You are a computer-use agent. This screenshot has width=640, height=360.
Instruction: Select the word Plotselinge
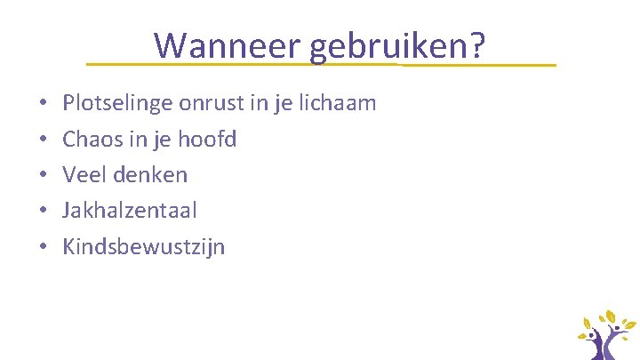[x=117, y=104]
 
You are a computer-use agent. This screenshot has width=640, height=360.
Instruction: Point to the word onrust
[x=210, y=103]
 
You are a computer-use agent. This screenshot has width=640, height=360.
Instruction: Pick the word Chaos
[x=90, y=140]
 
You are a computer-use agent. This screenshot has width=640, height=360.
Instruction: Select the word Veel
[x=83, y=175]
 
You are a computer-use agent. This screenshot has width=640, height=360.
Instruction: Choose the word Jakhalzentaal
[x=130, y=211]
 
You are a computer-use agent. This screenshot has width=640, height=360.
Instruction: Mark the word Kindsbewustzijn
[x=144, y=247]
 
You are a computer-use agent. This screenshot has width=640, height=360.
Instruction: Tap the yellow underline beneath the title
[x=320, y=65]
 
